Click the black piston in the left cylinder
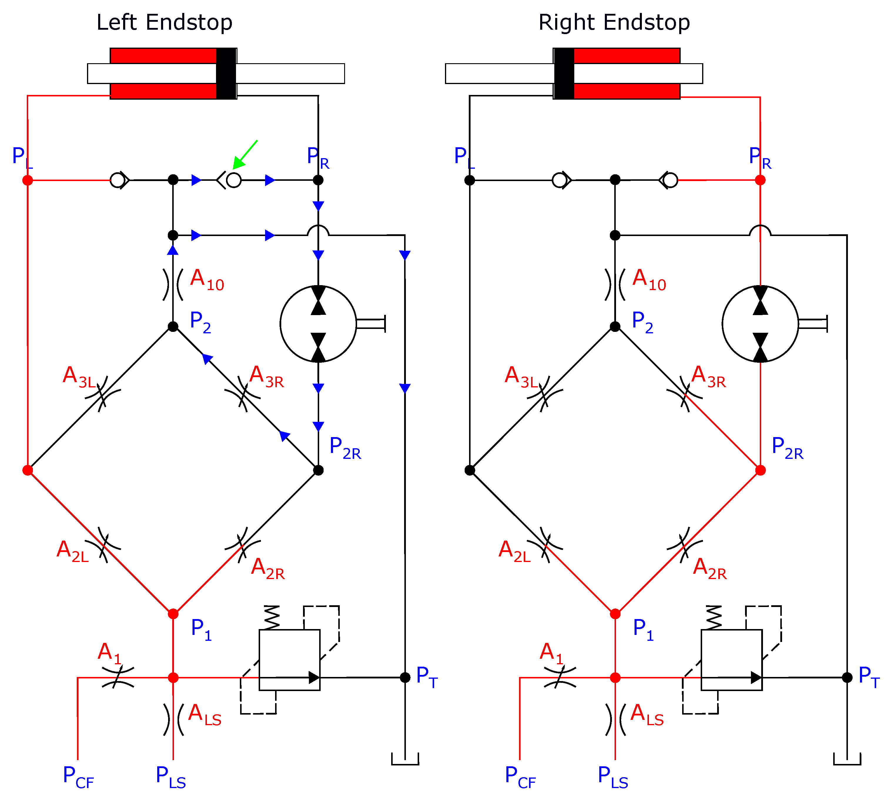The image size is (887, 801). [x=226, y=73]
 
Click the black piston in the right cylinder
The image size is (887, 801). [x=564, y=73]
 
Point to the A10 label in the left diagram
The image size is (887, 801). [x=207, y=280]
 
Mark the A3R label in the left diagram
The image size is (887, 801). [x=267, y=377]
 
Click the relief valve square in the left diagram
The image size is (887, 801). [x=289, y=660]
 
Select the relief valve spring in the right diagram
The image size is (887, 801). [x=714, y=618]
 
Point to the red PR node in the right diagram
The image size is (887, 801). [x=760, y=180]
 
